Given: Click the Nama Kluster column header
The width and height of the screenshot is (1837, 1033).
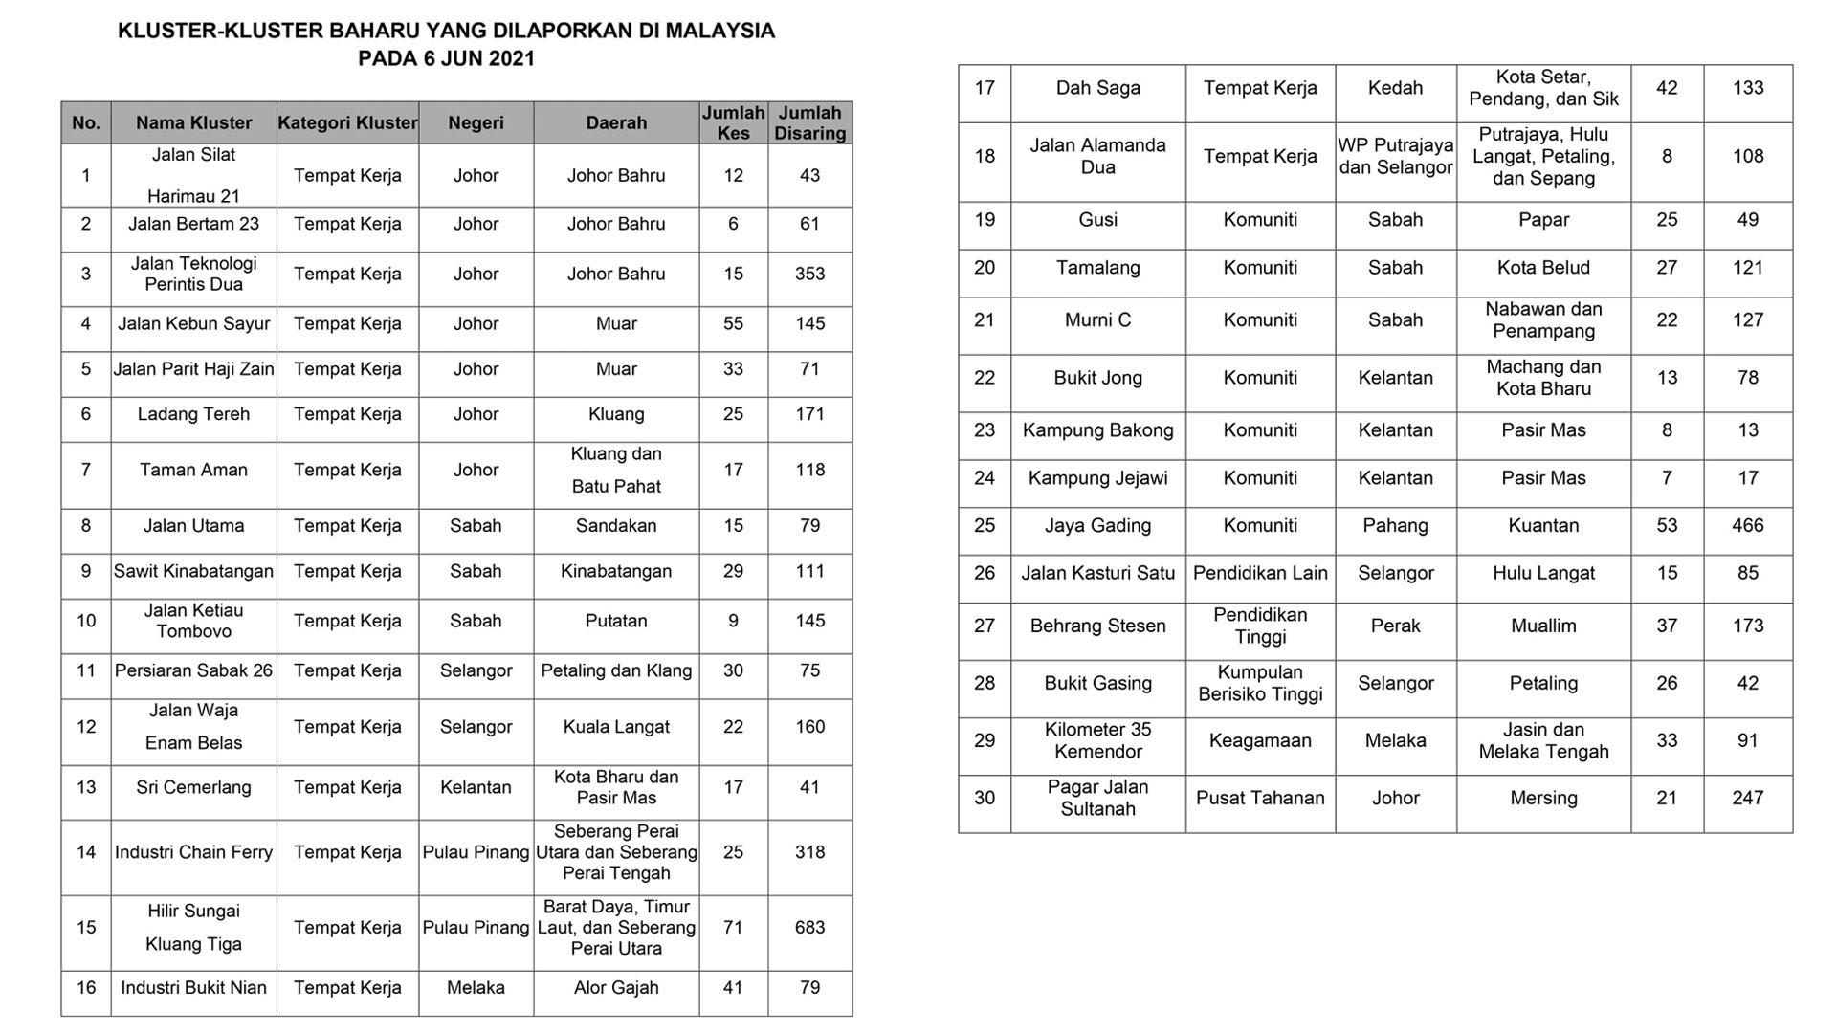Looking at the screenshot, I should point(193,122).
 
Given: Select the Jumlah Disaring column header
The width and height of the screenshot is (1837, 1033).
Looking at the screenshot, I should point(809,122).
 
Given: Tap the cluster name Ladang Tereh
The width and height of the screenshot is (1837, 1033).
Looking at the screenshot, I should point(193,414).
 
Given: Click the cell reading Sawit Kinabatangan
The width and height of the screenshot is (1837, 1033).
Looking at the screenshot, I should point(193,571).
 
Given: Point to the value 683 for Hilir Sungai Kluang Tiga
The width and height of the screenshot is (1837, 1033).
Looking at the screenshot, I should point(809,927).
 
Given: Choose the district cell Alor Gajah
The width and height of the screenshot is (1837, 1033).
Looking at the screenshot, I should point(616,987).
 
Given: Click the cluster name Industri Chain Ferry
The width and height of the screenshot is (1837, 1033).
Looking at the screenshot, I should point(193,852).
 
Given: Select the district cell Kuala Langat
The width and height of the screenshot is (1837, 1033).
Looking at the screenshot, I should point(616,726).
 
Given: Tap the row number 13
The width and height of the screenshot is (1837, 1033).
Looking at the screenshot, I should point(86,787).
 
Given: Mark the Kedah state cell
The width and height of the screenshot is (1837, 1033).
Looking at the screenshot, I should point(1395,88).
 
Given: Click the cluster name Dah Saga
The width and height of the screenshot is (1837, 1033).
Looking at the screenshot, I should point(1097,88).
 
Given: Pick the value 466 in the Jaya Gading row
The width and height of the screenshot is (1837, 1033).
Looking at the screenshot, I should point(1747,525).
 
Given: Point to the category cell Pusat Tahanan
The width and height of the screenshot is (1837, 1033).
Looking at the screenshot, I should point(1260,798).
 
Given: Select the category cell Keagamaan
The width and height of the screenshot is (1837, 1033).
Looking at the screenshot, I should point(1260,740).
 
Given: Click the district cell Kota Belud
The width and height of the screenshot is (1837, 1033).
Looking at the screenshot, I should point(1543,268).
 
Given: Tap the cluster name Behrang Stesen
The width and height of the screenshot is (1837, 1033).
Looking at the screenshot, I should point(1097,626).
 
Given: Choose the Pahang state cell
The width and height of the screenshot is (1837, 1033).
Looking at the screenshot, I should point(1395,525).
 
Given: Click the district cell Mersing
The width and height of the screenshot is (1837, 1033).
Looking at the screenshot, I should point(1543,798).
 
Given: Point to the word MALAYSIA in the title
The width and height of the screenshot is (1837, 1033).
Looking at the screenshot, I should point(719,31).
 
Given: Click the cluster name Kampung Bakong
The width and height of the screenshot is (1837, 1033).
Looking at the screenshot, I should point(1097,430).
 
